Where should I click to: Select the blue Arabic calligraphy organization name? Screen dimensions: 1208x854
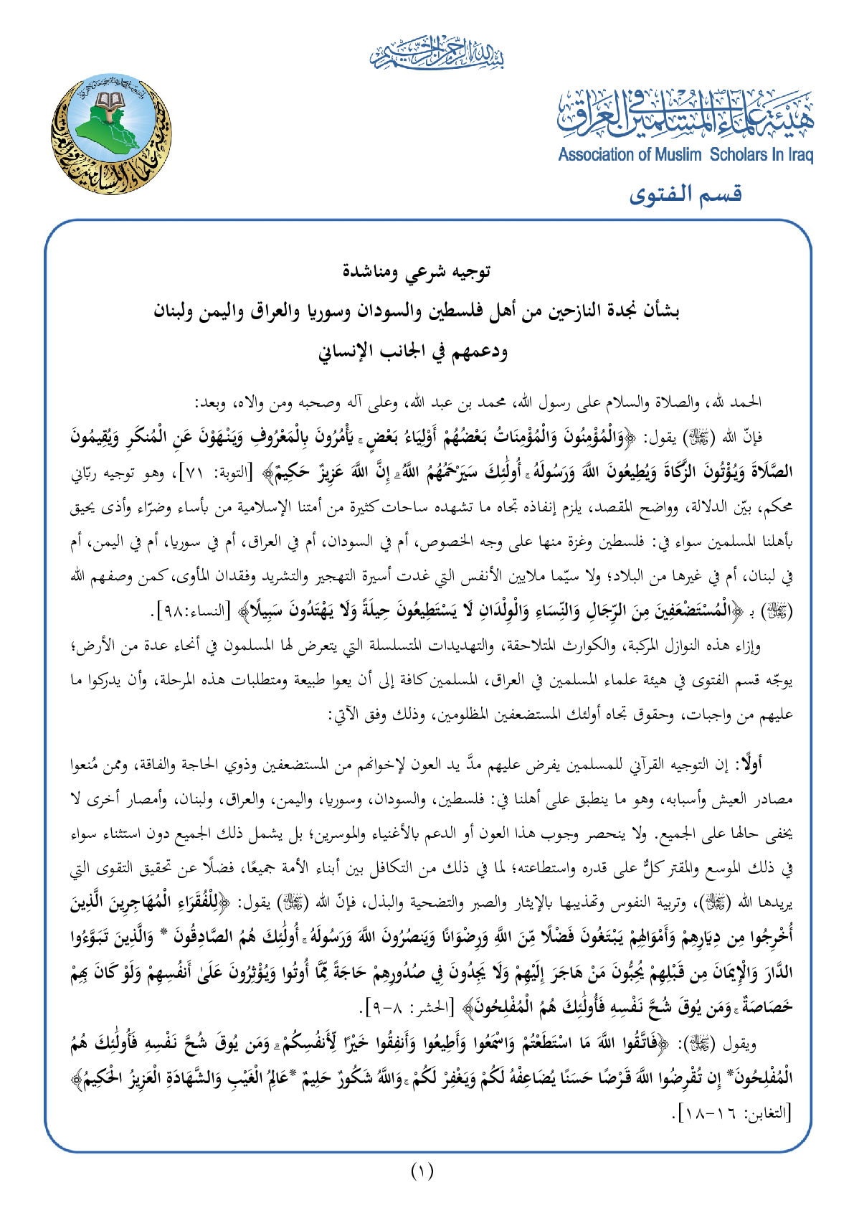point(685,113)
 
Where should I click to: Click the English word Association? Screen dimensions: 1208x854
point(597,154)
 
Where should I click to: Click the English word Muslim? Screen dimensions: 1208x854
point(677,154)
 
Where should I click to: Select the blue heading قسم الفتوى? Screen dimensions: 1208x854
point(685,194)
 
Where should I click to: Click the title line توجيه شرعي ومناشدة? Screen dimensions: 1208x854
point(427,272)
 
